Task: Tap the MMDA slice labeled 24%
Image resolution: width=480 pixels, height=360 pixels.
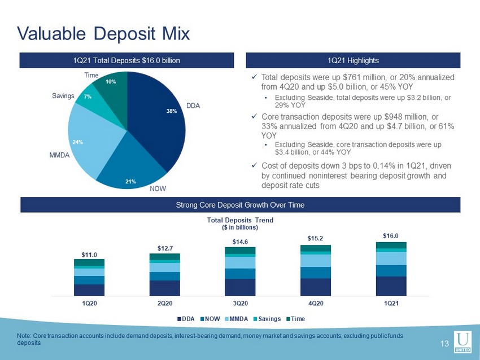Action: [x=89, y=141]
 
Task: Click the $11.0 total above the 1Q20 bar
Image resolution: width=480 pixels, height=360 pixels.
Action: [x=89, y=255]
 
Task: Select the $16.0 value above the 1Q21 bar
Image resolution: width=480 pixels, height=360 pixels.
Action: [x=391, y=236]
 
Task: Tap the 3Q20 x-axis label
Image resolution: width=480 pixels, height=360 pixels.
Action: [x=241, y=303]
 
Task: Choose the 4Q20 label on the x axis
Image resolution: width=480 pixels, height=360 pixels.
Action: [x=316, y=303]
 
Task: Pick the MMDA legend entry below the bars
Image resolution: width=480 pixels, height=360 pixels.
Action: [x=236, y=319]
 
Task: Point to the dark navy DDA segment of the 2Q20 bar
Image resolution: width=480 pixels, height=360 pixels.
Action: [x=165, y=288]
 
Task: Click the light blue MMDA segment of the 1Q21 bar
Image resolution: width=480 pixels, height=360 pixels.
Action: [x=391, y=258]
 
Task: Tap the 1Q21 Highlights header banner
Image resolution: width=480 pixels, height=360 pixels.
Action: [x=354, y=60]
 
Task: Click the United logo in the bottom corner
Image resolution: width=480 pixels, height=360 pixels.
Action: [x=462, y=342]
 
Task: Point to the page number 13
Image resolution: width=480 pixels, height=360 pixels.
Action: [x=444, y=344]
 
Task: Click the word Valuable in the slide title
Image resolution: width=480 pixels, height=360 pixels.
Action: [x=51, y=33]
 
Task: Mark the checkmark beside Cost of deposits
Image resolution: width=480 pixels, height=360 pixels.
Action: [x=254, y=165]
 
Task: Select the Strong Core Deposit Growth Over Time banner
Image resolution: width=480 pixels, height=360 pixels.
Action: [x=241, y=205]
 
